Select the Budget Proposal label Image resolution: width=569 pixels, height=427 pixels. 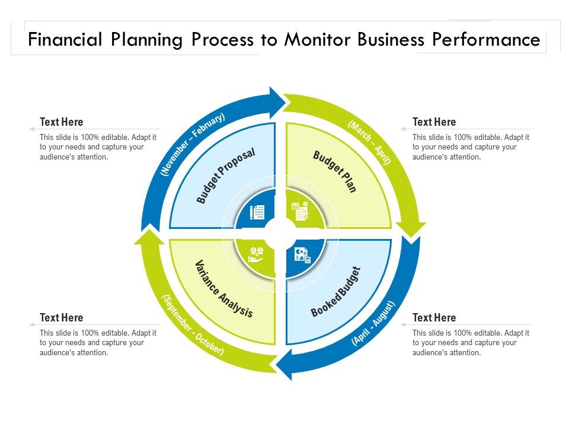(226, 176)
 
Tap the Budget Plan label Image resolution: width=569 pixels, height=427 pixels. (335, 172)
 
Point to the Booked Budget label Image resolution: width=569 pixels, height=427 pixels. (335, 292)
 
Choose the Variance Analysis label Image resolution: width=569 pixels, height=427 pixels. (224, 288)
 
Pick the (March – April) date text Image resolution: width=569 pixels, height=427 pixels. (370, 143)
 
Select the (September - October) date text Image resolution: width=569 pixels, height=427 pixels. (193, 325)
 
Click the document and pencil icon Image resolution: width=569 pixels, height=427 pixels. (258, 212)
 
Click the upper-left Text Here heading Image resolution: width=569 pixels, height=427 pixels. (62, 122)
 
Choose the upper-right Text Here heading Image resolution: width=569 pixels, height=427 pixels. (434, 122)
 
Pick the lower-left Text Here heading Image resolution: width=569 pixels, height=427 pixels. (62, 318)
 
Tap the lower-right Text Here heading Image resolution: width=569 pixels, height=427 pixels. (434, 318)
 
